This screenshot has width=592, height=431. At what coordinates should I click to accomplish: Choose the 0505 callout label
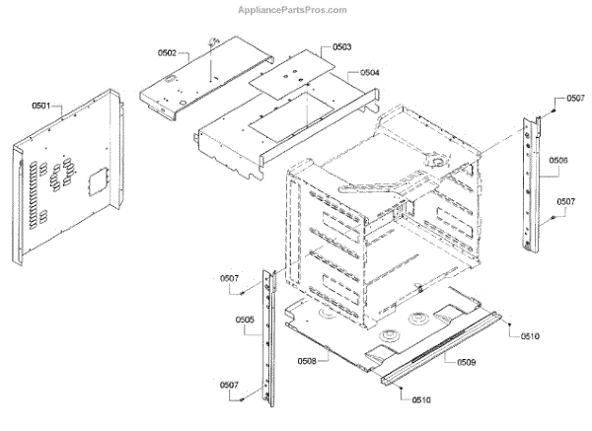(x=246, y=319)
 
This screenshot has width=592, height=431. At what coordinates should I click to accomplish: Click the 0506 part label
(x=557, y=160)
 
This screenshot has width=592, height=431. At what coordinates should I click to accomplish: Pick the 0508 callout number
(x=307, y=361)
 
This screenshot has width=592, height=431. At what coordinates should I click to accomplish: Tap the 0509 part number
(x=466, y=363)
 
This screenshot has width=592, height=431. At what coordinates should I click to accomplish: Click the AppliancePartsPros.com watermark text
(x=294, y=10)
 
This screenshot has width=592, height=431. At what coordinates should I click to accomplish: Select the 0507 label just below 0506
(x=565, y=201)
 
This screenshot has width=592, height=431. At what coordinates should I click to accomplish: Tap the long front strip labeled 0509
(x=444, y=349)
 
